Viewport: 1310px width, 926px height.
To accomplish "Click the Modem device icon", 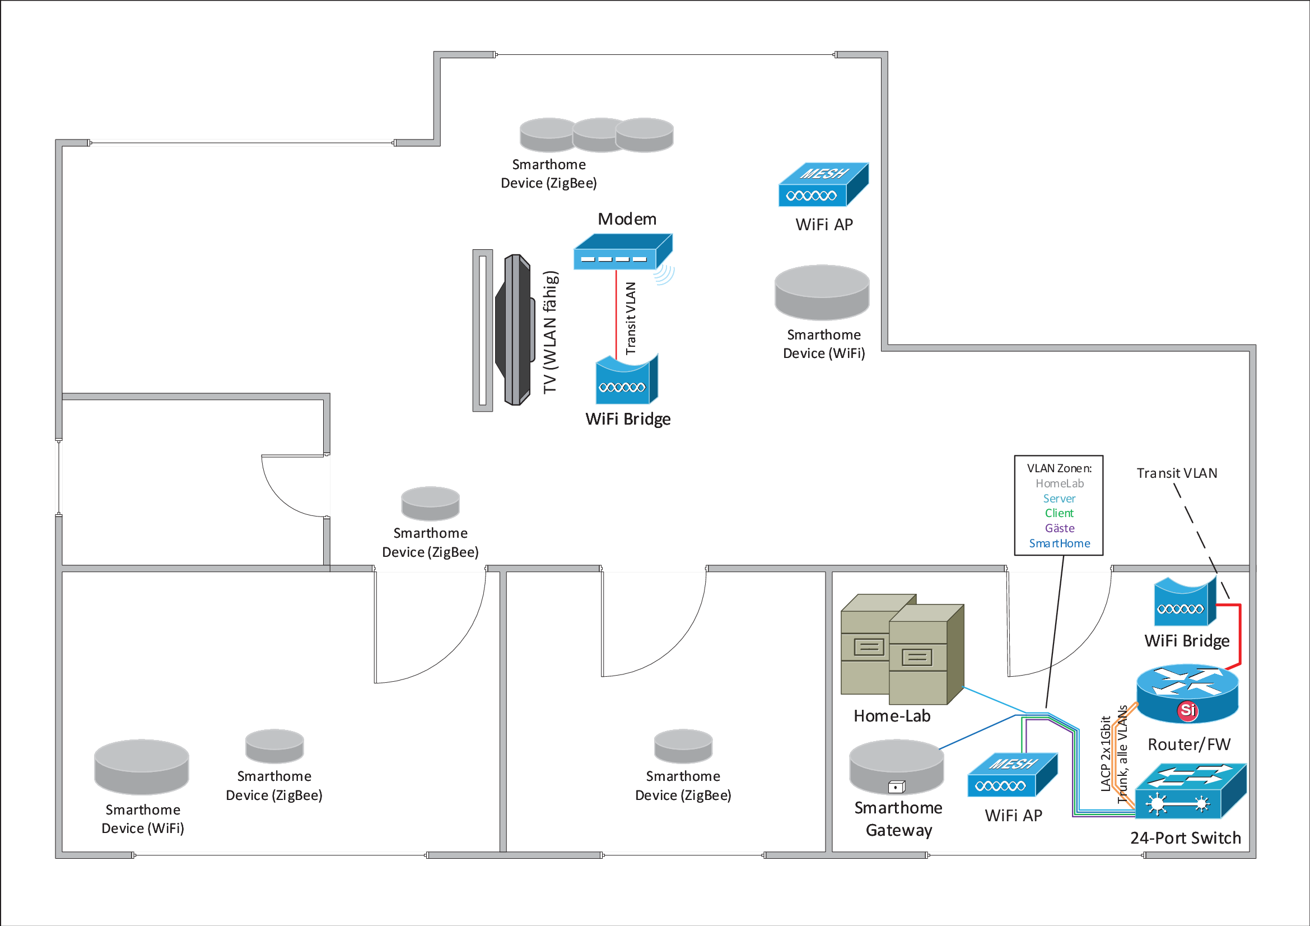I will click(622, 252).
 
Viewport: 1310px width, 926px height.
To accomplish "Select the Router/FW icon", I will click(1187, 693).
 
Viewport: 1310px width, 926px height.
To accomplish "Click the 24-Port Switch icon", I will click(1190, 792).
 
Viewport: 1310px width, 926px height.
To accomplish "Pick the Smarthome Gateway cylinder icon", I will click(896, 767).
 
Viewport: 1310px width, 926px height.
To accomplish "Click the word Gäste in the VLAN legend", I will click(1060, 528).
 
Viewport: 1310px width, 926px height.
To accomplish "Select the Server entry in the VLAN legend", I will click(1059, 498).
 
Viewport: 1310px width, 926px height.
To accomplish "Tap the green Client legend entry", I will click(1059, 513).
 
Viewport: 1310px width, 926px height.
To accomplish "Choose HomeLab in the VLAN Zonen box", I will click(1060, 483).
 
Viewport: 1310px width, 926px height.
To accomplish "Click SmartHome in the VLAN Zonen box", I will click(1060, 543).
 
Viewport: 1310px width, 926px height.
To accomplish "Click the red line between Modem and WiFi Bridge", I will click(616, 314).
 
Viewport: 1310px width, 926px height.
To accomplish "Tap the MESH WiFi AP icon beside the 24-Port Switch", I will click(1012, 775).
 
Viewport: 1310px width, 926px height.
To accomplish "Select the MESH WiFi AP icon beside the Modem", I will click(823, 184).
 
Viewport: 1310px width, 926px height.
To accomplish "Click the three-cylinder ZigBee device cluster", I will click(596, 135).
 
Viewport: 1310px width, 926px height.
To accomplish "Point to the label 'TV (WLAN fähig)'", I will click(550, 332).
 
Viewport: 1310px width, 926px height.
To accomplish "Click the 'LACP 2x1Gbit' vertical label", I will click(1105, 753).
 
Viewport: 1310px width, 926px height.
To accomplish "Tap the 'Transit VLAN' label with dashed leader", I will click(1177, 473).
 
